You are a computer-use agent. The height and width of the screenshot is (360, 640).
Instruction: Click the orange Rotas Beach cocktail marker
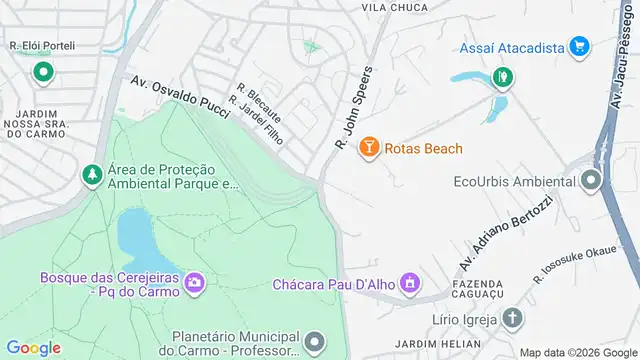(368, 149)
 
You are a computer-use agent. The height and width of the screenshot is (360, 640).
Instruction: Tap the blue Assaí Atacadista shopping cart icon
(578, 47)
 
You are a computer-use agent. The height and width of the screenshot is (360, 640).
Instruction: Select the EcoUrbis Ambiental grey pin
(590, 182)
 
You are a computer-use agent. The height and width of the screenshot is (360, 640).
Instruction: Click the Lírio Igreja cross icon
(512, 318)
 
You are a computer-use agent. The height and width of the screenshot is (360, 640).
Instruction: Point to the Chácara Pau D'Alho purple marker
(408, 285)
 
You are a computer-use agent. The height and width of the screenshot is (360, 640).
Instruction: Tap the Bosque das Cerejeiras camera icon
(194, 285)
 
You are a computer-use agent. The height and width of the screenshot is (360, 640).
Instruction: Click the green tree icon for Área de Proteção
(92, 175)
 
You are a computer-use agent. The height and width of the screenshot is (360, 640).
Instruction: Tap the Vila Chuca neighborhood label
(394, 7)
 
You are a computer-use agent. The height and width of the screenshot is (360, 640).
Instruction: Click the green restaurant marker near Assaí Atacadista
(502, 75)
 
